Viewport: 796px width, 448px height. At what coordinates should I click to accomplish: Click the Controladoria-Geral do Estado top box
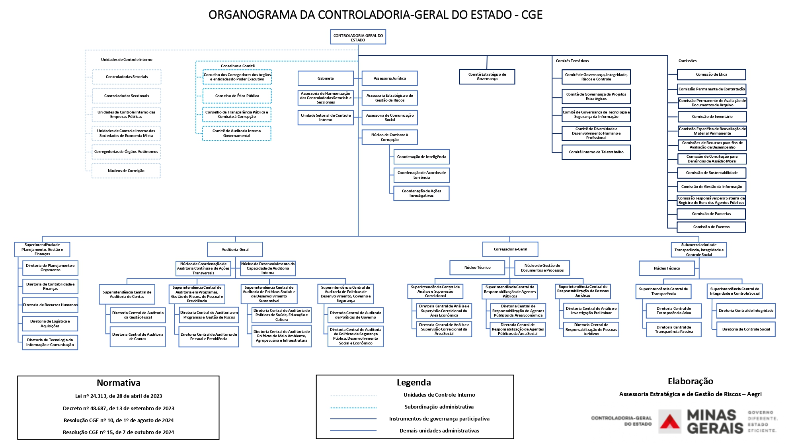coord(358,37)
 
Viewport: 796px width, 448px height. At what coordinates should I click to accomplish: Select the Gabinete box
coord(326,78)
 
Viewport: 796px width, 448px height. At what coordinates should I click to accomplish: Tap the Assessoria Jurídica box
coord(390,78)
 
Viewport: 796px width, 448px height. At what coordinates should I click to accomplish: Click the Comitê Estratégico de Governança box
coord(487,76)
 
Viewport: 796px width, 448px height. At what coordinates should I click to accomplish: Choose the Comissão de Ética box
coord(711,74)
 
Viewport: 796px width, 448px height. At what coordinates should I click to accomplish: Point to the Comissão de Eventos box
coord(711,227)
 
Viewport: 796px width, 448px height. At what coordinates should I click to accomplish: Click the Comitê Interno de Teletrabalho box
coord(596,152)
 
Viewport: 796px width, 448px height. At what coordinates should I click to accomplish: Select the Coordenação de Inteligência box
coord(421,157)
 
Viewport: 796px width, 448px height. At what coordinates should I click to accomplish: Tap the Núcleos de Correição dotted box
coord(126,171)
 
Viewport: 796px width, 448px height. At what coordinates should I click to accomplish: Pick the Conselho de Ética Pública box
coord(237,96)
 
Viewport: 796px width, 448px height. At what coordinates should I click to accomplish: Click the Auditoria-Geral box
coord(235,250)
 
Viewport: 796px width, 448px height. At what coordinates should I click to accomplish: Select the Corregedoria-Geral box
coord(510,249)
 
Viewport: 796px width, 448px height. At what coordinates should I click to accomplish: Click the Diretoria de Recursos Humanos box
coord(50,305)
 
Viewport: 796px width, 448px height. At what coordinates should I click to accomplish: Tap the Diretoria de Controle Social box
coord(746,329)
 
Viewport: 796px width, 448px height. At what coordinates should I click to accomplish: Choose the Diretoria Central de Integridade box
coord(746,311)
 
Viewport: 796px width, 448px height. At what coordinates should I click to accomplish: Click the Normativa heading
coord(119,383)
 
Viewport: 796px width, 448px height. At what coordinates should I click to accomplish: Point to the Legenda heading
coord(414,383)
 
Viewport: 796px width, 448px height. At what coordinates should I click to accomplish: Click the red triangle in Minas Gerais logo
coord(670,423)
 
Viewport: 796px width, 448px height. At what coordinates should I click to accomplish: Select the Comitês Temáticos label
coord(572,61)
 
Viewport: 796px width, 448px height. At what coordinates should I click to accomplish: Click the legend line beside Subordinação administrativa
coord(353,407)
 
